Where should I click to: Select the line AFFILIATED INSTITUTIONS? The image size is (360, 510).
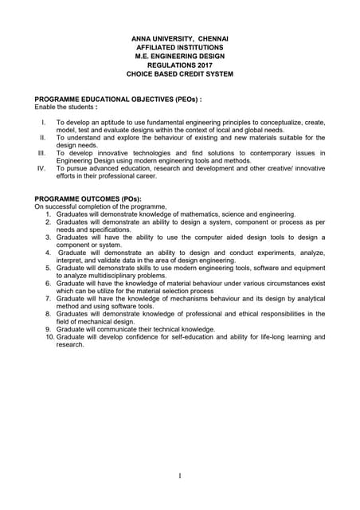click(179, 48)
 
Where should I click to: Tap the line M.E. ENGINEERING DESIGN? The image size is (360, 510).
click(179, 57)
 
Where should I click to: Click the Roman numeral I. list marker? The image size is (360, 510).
click(43, 123)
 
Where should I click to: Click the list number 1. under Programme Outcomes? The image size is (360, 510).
click(49, 214)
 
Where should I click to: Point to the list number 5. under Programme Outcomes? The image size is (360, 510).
click(49, 269)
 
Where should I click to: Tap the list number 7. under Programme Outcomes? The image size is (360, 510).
click(49, 299)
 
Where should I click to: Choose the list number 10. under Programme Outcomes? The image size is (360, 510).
click(47, 337)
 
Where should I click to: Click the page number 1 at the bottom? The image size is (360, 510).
click(180, 477)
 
